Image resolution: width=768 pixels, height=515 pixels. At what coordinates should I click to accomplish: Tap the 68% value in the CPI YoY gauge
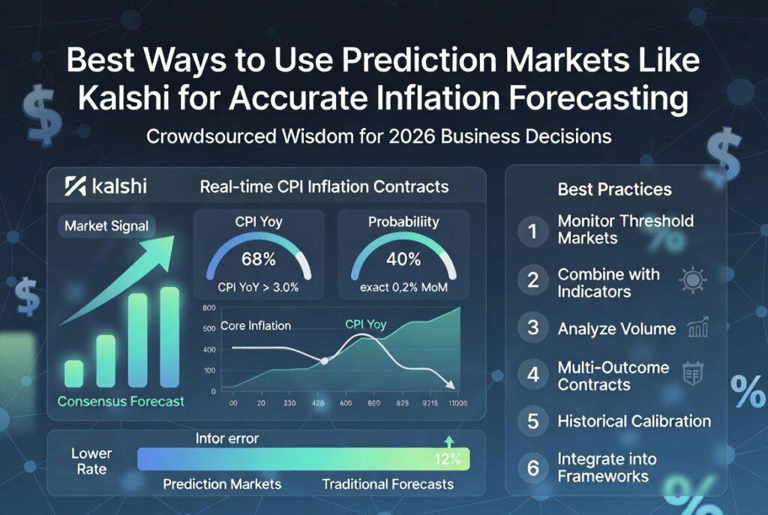click(x=259, y=260)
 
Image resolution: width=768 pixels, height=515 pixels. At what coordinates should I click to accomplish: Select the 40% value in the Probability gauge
click(x=403, y=260)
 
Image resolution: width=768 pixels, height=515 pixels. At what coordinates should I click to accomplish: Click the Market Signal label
click(x=106, y=225)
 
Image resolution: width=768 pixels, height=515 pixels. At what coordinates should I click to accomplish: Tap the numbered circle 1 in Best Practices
click(x=533, y=230)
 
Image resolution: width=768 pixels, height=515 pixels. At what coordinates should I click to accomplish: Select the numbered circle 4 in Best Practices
click(x=533, y=375)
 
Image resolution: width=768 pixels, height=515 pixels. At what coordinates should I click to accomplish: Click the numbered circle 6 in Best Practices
click(x=533, y=468)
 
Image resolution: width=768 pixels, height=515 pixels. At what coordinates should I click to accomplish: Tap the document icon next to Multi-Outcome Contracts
click(x=692, y=373)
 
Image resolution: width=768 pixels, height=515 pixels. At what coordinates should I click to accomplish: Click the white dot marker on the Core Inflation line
click(x=324, y=361)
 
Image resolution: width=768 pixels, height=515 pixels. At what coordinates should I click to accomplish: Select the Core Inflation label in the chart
click(x=256, y=326)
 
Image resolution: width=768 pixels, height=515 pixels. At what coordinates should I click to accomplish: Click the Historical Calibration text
click(x=634, y=421)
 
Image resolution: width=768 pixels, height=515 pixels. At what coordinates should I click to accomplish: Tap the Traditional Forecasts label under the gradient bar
click(x=388, y=484)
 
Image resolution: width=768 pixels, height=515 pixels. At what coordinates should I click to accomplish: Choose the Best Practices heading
click(x=614, y=189)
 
